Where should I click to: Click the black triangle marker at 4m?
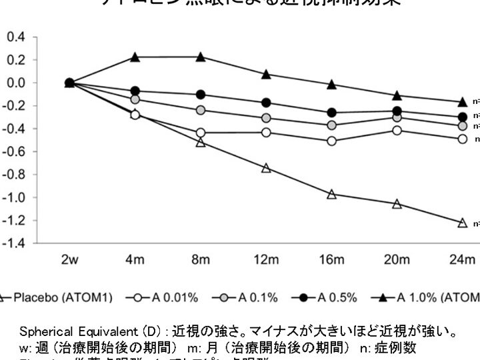click(135, 57)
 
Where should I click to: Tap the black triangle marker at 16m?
click(331, 85)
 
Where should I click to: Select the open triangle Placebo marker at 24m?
click(462, 223)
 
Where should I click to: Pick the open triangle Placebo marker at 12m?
click(266, 168)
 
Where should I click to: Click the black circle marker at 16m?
click(331, 113)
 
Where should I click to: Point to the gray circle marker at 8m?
click(201, 110)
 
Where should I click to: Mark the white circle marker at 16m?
click(331, 141)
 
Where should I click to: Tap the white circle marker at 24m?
click(462, 139)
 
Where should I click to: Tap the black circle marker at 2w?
click(69, 83)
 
